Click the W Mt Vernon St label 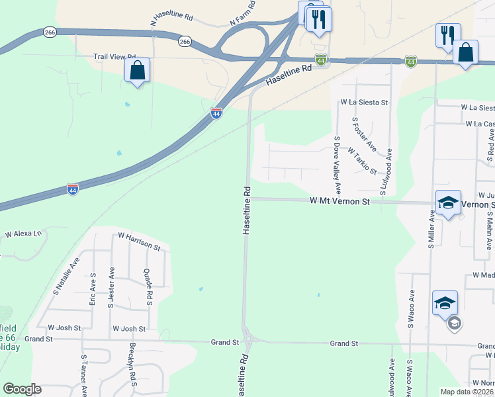(x=339, y=200)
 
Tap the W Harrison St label (x=139, y=241)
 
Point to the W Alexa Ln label (x=23, y=234)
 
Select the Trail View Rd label (x=114, y=57)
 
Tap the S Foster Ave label (x=364, y=134)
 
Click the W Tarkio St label (x=362, y=161)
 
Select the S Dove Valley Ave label (x=337, y=165)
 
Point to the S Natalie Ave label (x=66, y=277)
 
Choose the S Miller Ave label (x=430, y=229)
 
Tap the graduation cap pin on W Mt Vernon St (x=448, y=203)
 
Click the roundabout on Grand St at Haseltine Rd (x=249, y=341)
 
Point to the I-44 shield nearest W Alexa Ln (x=73, y=189)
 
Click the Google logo (x=22, y=389)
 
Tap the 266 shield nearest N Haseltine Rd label (x=185, y=41)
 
